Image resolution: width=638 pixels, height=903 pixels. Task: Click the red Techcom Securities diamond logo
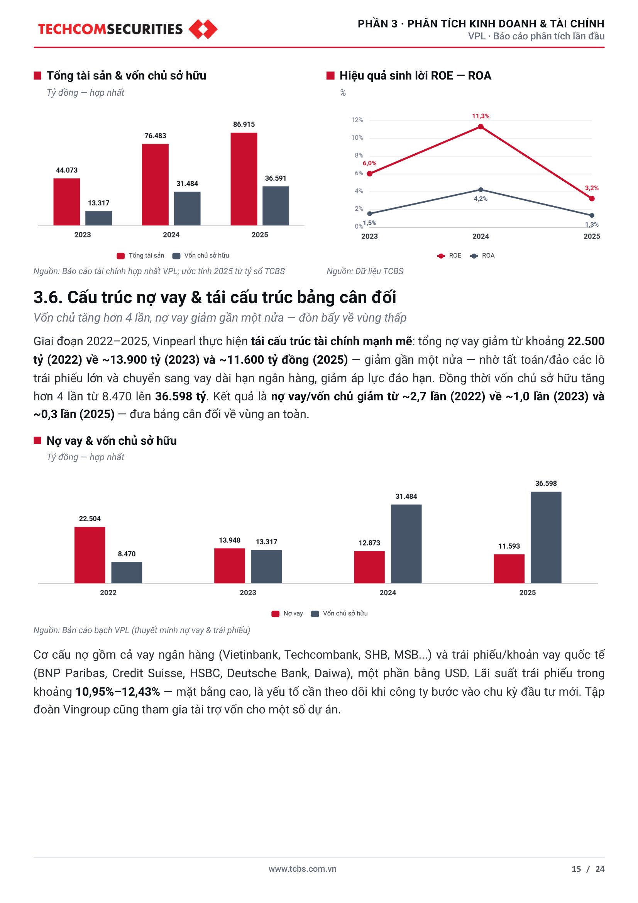(x=203, y=29)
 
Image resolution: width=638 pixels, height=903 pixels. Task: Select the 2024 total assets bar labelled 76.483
(x=155, y=185)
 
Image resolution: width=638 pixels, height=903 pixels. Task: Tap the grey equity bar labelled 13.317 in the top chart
(x=99, y=218)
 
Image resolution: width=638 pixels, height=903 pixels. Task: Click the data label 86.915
(x=244, y=124)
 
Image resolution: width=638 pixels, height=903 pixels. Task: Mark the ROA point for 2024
(x=481, y=190)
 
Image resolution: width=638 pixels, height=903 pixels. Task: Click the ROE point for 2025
(x=592, y=198)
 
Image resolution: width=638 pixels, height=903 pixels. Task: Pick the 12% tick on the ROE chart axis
(x=357, y=120)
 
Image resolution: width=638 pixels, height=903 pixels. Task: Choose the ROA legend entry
(x=482, y=256)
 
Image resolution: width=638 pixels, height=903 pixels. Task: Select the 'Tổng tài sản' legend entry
(x=140, y=256)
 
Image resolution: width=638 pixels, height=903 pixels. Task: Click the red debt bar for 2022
(x=90, y=555)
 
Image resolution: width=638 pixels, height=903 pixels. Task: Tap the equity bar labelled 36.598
(x=546, y=537)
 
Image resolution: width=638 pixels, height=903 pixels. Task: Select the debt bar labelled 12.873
(x=369, y=567)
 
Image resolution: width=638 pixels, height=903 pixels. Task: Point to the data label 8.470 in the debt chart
(x=127, y=554)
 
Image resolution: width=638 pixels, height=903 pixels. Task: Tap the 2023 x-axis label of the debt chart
(x=248, y=593)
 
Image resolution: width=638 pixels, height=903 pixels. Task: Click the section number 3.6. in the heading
(x=48, y=297)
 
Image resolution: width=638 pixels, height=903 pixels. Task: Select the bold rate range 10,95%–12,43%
(x=118, y=692)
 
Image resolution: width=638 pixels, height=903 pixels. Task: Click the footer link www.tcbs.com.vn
(x=302, y=869)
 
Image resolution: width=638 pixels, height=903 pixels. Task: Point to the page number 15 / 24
(x=588, y=869)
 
